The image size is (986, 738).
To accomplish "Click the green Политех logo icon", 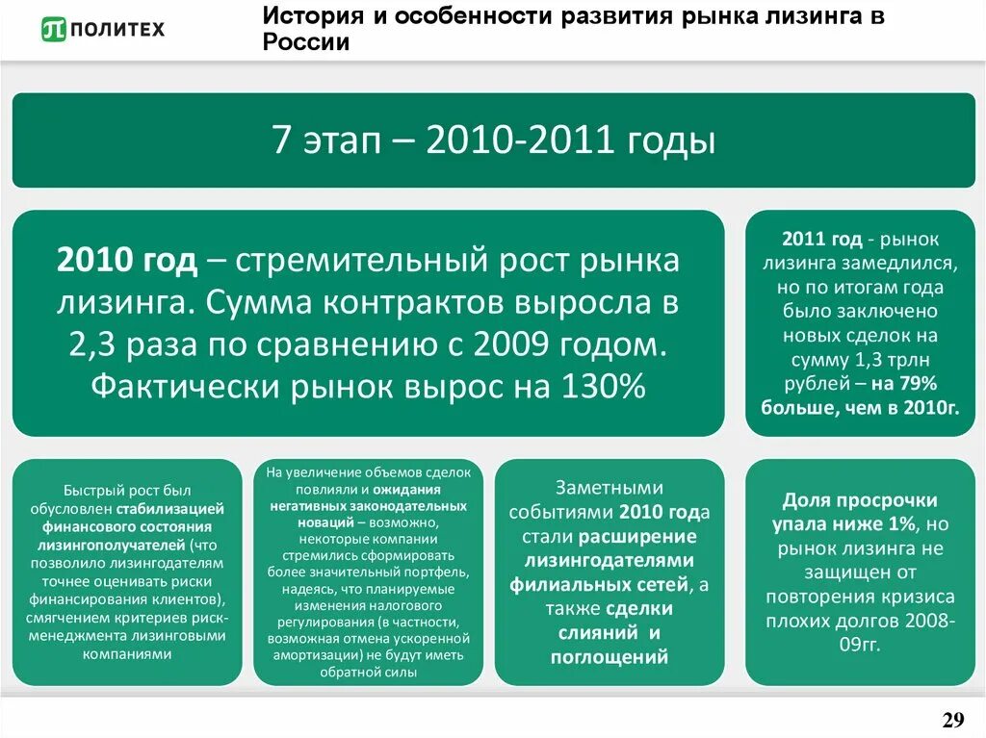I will pos(54,29).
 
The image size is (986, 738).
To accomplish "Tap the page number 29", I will pos(952,721).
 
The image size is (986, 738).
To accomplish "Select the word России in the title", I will pos(304,42).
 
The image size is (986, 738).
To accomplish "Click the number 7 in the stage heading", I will pos(280,142).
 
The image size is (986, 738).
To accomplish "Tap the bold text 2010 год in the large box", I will pos(127,261).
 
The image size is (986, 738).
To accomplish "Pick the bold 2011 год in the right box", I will pos(822,240).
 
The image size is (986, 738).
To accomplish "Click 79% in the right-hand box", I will pos(918,385).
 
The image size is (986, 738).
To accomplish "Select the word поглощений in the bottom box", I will pos(609,657).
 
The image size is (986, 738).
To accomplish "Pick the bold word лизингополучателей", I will pos(114,543).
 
